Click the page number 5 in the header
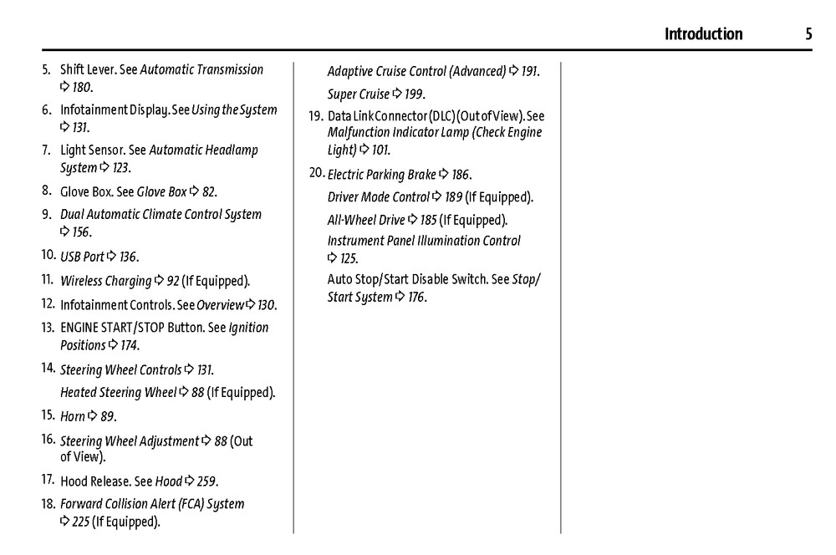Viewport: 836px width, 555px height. (808, 34)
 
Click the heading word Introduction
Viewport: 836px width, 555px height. (703, 34)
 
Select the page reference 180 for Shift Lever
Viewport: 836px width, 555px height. (82, 87)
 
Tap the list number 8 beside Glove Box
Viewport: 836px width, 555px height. (46, 191)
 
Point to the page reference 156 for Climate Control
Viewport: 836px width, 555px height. (82, 232)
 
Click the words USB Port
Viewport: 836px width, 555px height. (82, 257)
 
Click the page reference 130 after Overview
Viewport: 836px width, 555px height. (266, 305)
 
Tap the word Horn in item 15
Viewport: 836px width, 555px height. (73, 416)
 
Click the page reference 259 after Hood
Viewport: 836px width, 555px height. (206, 481)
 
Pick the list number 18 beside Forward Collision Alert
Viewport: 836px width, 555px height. (48, 503)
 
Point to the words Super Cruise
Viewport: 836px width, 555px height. (359, 94)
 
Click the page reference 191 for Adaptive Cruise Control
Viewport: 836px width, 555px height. (529, 71)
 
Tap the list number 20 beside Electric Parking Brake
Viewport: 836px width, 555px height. (316, 173)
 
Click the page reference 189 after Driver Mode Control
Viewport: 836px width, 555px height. (454, 197)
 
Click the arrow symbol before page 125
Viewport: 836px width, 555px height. (332, 258)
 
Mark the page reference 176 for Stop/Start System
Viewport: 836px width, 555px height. (416, 297)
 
